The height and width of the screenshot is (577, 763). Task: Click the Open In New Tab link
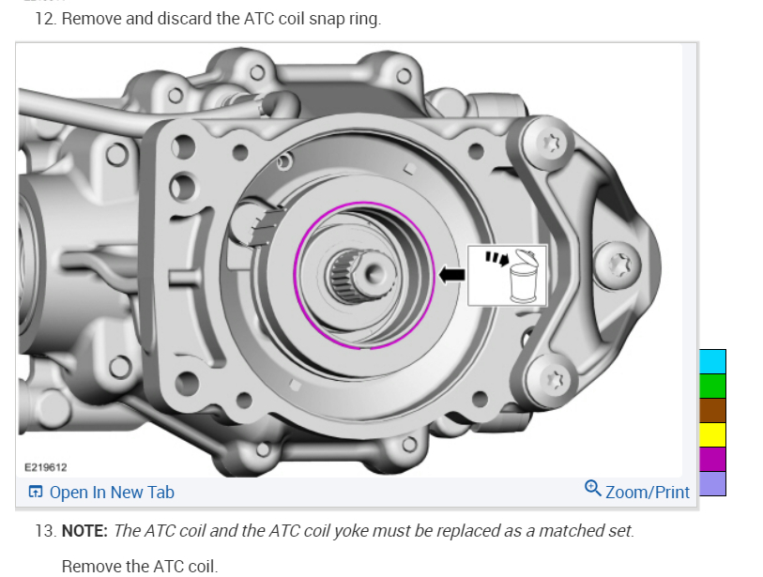(101, 492)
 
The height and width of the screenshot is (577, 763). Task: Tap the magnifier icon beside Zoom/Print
(593, 488)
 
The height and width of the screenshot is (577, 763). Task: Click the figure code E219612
(46, 467)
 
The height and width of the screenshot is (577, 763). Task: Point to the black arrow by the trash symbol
(451, 274)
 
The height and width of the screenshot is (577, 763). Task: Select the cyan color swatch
(712, 361)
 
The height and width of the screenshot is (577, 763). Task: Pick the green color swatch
(712, 386)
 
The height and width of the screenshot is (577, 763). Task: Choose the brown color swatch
(712, 410)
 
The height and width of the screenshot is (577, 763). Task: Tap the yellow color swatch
(712, 434)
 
